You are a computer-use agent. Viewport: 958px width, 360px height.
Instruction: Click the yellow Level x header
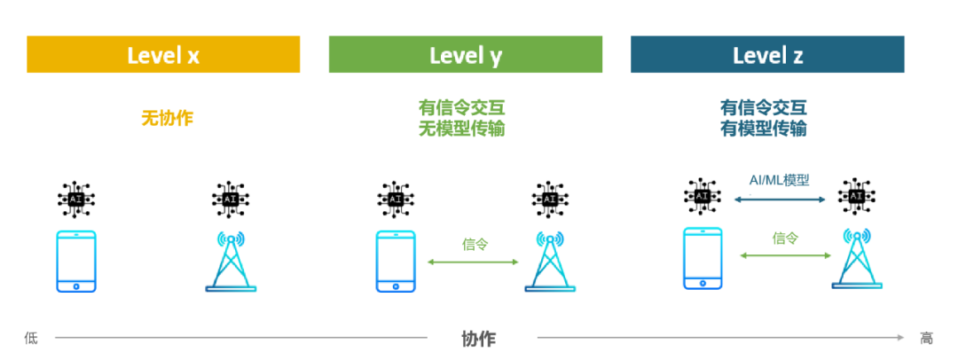coord(163,55)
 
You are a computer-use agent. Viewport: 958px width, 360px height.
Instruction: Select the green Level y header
coord(465,55)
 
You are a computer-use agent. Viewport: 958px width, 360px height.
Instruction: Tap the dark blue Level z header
coord(767,55)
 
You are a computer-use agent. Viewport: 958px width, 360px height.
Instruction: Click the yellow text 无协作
coord(167,117)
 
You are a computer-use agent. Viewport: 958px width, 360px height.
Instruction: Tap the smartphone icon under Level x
coord(76,261)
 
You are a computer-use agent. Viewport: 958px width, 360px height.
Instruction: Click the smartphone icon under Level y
coord(396,261)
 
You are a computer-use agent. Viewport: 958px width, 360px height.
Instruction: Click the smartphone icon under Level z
coord(703,258)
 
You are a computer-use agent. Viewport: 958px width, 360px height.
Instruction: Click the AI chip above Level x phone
coord(76,199)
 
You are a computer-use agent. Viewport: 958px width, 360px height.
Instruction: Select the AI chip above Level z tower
coord(856,196)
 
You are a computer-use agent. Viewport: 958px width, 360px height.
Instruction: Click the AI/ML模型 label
coord(780,180)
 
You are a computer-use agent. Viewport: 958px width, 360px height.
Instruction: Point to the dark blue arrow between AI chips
coord(780,200)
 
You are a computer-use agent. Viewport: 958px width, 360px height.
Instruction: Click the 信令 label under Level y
coord(475,243)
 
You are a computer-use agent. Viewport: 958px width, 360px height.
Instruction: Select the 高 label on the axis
coord(926,338)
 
